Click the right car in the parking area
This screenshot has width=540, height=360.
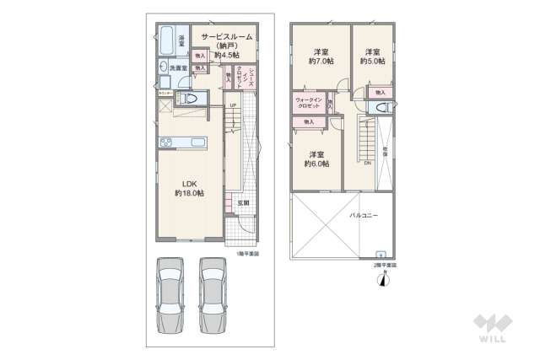pos(213,296)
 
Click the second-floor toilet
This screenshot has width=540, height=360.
pos(382,107)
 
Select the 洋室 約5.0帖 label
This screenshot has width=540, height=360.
pos(372,56)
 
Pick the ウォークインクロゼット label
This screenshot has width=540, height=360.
pos(307,105)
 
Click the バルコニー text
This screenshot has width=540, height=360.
pos(364,217)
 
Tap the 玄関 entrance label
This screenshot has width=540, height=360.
pos(243,202)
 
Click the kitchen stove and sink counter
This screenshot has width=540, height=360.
pos(180,142)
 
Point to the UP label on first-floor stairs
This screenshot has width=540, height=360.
pos(233,105)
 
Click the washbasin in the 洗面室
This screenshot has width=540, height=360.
pos(162,67)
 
